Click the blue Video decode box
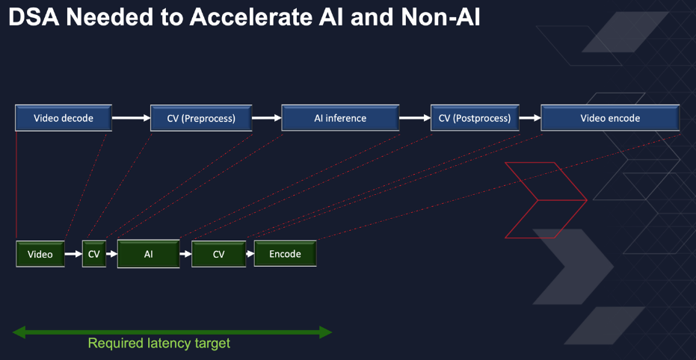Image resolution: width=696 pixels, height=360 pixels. [64, 118]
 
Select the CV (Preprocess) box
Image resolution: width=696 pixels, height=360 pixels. [201, 118]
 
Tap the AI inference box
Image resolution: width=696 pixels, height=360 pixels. [340, 118]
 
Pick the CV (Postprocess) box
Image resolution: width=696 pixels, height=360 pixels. [475, 118]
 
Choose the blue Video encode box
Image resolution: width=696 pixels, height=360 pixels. [610, 118]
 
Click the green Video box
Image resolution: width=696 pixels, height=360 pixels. [40, 254]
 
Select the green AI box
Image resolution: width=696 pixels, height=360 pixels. [148, 254]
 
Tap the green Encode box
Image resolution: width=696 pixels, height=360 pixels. [285, 254]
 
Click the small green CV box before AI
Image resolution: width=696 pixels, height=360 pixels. [94, 254]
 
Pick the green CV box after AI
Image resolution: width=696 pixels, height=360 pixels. [218, 254]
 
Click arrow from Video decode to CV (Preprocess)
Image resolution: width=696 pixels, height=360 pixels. [131, 118]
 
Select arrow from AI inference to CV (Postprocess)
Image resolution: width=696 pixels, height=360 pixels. [415, 118]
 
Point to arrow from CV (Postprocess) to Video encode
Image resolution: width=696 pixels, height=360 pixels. [529, 118]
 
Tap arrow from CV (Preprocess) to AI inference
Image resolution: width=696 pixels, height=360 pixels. [267, 118]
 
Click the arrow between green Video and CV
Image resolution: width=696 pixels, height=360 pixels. [73, 254]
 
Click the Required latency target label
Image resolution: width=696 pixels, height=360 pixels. [159, 343]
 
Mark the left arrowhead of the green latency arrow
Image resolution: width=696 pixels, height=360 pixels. [19, 332]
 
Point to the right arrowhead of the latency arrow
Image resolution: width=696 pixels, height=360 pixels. [325, 332]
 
